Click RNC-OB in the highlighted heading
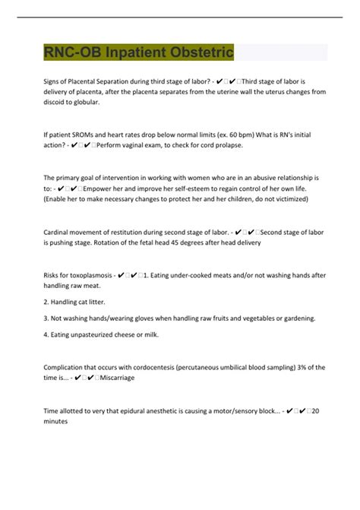[x=73, y=52]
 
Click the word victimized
[x=286, y=199]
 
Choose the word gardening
[x=295, y=318]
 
